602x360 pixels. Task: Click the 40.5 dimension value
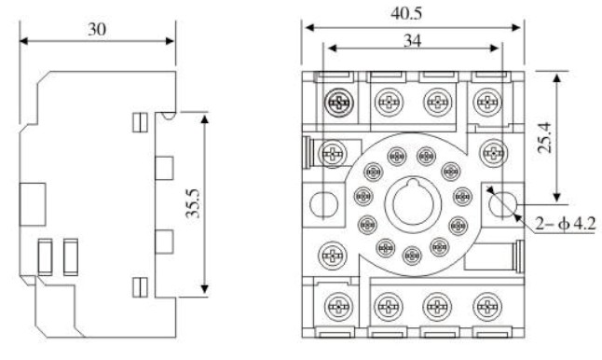click(406, 13)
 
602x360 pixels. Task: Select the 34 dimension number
click(412, 40)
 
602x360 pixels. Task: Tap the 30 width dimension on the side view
click(97, 29)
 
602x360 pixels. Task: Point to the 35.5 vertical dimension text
click(193, 203)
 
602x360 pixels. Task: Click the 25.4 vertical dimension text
click(544, 137)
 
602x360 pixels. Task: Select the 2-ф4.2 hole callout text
click(566, 223)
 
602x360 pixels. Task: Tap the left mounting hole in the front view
click(323, 204)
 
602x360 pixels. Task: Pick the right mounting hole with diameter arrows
click(503, 204)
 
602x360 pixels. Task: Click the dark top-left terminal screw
click(338, 103)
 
